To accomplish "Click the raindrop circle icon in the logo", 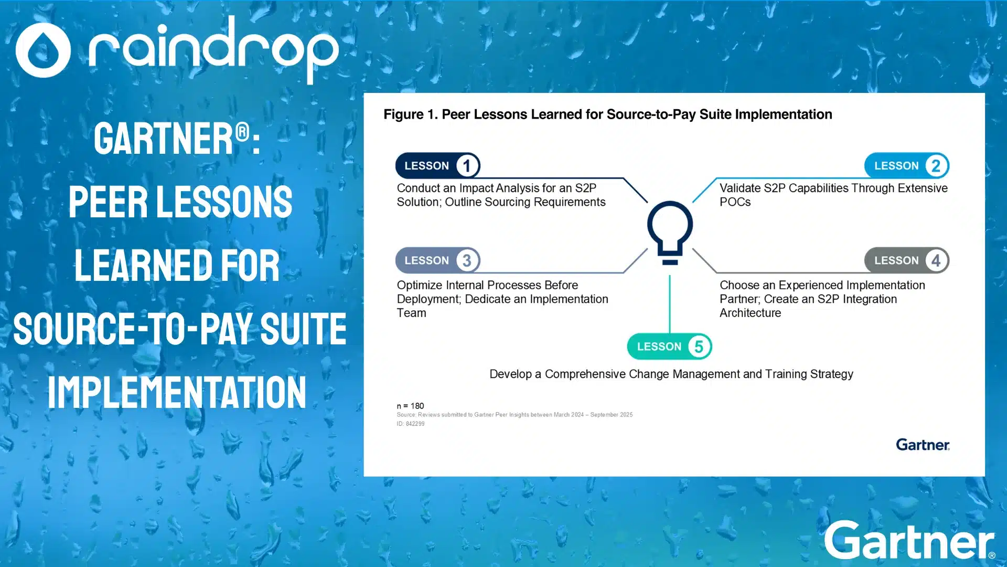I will click(x=43, y=50).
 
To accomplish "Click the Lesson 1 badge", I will click(x=437, y=166).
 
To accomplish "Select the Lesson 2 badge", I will click(x=906, y=166).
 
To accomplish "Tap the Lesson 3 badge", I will click(x=437, y=260).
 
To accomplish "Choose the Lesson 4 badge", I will click(x=906, y=260).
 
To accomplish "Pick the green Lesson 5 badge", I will click(x=669, y=346).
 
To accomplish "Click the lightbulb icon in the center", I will click(x=670, y=231).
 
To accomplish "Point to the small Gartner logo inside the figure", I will click(x=923, y=445).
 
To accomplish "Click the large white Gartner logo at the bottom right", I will click(x=909, y=541).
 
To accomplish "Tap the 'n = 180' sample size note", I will click(x=410, y=406).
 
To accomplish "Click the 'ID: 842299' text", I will click(x=411, y=424).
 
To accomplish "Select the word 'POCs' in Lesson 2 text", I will click(x=735, y=202).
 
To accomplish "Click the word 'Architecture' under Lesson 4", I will click(x=750, y=313).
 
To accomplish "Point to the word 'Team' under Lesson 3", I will click(x=411, y=313).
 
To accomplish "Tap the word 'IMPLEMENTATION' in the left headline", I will click(x=177, y=392).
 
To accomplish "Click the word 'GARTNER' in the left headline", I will click(x=164, y=139).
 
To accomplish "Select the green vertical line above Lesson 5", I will click(x=670, y=304).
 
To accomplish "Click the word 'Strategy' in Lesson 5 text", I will click(x=831, y=374).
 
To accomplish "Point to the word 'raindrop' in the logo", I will click(x=212, y=50).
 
